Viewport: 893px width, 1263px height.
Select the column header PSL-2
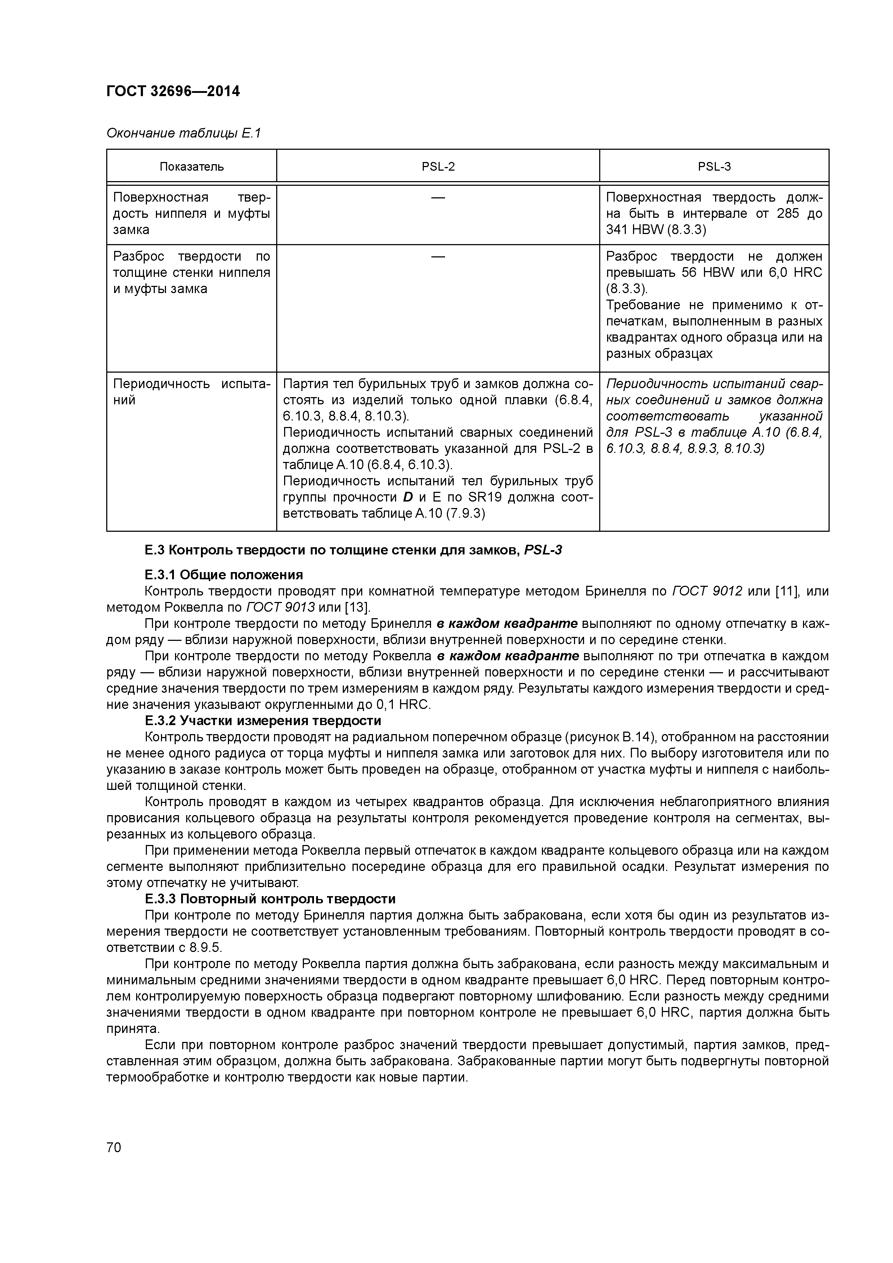pyautogui.click(x=438, y=167)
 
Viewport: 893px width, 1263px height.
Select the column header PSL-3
pyautogui.click(x=714, y=167)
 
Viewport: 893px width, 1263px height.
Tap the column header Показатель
pyautogui.click(x=192, y=167)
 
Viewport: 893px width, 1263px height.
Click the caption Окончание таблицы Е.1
pyautogui.click(x=183, y=133)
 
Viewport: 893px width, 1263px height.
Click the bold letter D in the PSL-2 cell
pyautogui.click(x=408, y=497)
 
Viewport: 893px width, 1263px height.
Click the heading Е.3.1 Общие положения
pyautogui.click(x=223, y=575)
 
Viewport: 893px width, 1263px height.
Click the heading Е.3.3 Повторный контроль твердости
pyautogui.click(x=270, y=899)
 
